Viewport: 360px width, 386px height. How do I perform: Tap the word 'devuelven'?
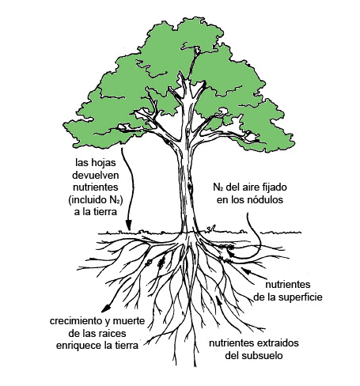click(x=96, y=175)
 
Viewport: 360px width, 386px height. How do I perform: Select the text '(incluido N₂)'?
click(x=96, y=200)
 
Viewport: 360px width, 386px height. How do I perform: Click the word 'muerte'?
click(x=129, y=321)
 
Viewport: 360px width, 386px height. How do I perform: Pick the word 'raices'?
click(x=112, y=334)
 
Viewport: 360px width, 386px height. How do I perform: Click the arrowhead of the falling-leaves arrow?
click(x=128, y=225)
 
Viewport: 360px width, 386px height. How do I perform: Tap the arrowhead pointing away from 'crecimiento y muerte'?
click(x=106, y=308)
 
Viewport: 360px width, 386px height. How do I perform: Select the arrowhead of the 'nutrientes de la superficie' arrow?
click(x=245, y=271)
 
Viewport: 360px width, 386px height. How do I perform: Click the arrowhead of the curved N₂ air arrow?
click(x=231, y=253)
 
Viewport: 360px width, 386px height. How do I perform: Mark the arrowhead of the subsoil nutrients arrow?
click(x=218, y=300)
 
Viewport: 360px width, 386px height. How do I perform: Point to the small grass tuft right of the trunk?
click(x=212, y=229)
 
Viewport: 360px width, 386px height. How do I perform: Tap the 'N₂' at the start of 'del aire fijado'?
click(x=218, y=187)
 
